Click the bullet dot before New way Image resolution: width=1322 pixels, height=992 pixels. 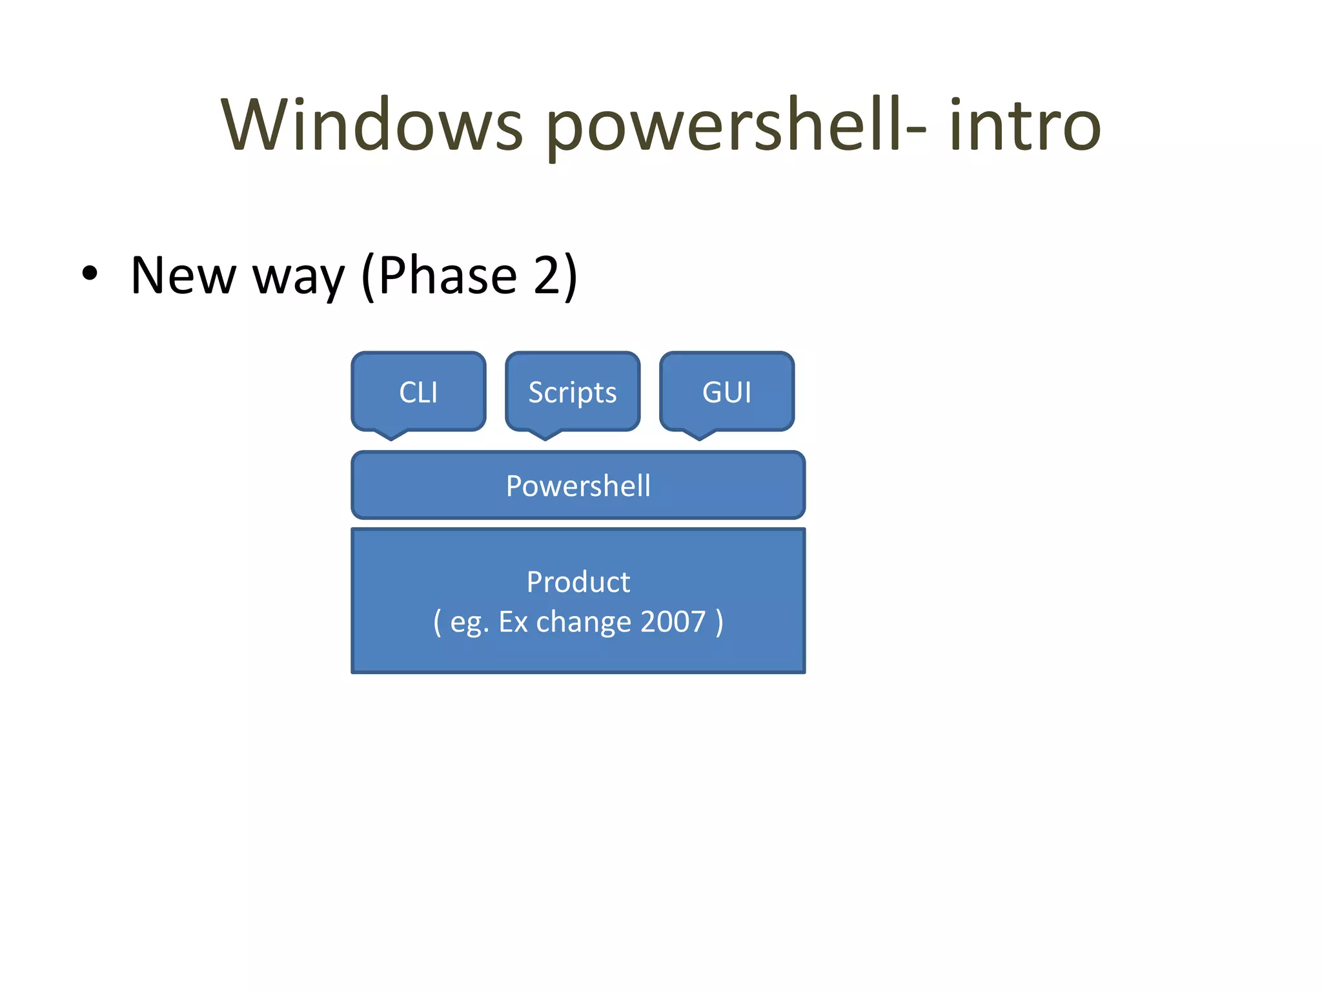(x=90, y=274)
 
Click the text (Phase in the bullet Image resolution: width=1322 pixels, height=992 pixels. (x=439, y=276)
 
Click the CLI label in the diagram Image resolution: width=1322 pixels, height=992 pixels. (x=418, y=392)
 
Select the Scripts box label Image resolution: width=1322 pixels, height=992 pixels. (x=573, y=393)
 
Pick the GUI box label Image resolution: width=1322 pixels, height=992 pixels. (x=727, y=392)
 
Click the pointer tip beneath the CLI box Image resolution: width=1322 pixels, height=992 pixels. (x=391, y=437)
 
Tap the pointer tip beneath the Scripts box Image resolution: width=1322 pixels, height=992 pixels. (x=545, y=437)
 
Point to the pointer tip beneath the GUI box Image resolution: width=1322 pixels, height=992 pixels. (x=700, y=437)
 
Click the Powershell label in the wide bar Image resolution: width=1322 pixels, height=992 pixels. (x=578, y=486)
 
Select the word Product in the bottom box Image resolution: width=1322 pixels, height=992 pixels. (x=578, y=581)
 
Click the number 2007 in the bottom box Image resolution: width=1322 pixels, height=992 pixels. (x=673, y=621)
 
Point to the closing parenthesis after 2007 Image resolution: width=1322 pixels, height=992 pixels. (x=719, y=623)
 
